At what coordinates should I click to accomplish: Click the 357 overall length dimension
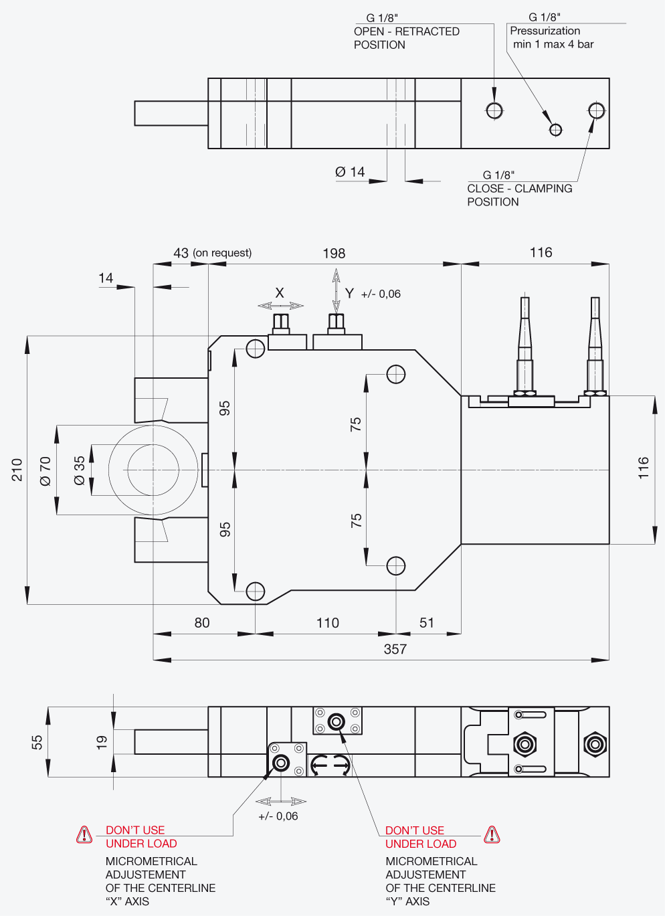(x=395, y=649)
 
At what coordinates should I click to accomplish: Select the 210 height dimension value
(x=17, y=470)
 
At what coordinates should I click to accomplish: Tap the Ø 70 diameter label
(x=45, y=472)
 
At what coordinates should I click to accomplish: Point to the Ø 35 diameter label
(x=80, y=470)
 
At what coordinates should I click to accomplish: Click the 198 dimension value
(x=334, y=254)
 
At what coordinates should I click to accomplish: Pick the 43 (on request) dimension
(x=212, y=253)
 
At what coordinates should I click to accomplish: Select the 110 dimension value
(x=328, y=623)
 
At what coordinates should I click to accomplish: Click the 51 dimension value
(x=427, y=623)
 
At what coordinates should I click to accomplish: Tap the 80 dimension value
(x=202, y=623)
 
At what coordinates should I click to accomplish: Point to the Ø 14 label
(x=350, y=172)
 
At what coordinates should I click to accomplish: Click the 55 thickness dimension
(x=37, y=742)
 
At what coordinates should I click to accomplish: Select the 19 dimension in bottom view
(x=102, y=742)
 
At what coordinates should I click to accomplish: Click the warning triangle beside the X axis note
(x=84, y=835)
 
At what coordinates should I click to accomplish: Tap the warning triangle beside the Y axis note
(x=492, y=835)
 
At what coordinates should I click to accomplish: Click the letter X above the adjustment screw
(x=280, y=293)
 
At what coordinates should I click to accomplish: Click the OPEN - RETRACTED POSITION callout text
(x=407, y=38)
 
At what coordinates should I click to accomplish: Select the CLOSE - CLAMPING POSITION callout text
(x=519, y=195)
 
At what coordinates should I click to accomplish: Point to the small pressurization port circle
(x=555, y=130)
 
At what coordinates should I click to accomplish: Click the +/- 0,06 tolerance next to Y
(x=381, y=294)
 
